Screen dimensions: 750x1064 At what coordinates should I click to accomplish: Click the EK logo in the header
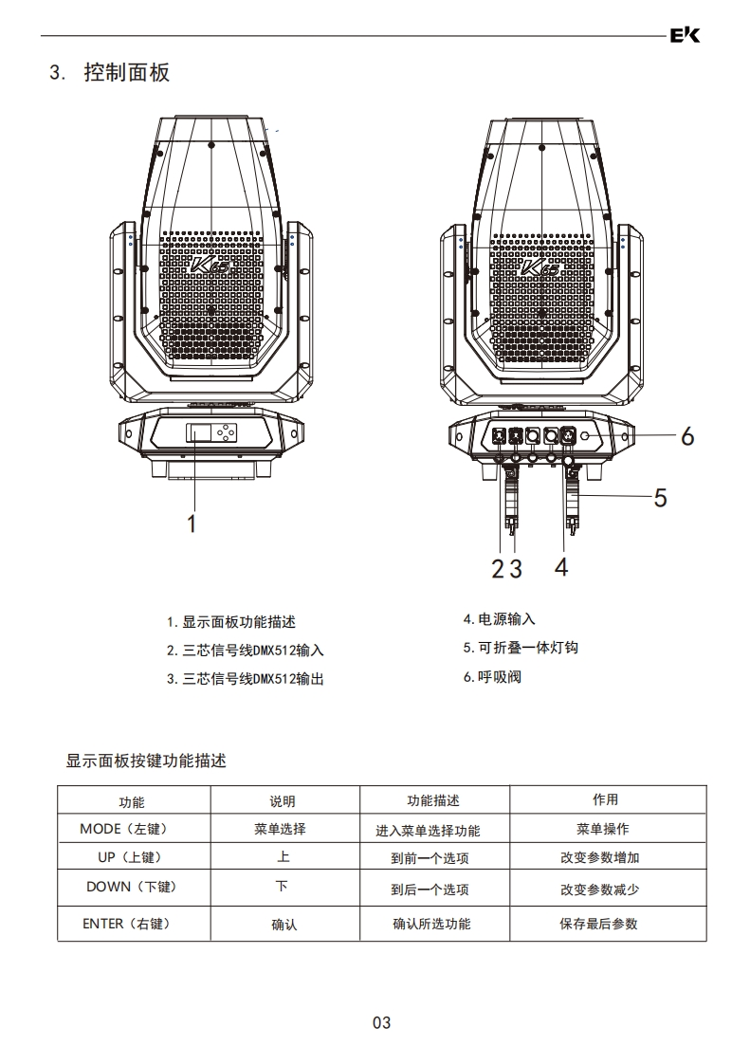tap(684, 36)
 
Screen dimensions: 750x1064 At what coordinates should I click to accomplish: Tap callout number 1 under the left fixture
tap(192, 523)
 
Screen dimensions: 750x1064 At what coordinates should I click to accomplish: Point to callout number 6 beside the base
tap(687, 436)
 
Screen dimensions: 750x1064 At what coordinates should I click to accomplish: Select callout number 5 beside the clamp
tap(660, 497)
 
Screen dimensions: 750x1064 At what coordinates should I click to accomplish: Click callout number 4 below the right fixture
tap(562, 567)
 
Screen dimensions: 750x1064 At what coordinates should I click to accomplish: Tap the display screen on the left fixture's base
tap(200, 433)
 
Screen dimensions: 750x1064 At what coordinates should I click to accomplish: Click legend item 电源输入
tap(499, 619)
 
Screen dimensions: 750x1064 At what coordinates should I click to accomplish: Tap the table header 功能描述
tap(432, 801)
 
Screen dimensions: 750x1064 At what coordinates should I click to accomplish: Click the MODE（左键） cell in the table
tap(123, 829)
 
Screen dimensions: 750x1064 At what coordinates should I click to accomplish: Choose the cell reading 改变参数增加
tap(599, 858)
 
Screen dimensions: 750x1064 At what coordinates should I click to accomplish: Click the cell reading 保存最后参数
tap(598, 924)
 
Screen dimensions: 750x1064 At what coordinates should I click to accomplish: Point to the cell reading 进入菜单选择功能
tap(428, 831)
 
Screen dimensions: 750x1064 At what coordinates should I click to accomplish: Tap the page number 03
tap(381, 1022)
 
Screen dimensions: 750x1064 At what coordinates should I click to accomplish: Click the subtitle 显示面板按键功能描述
tap(146, 761)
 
